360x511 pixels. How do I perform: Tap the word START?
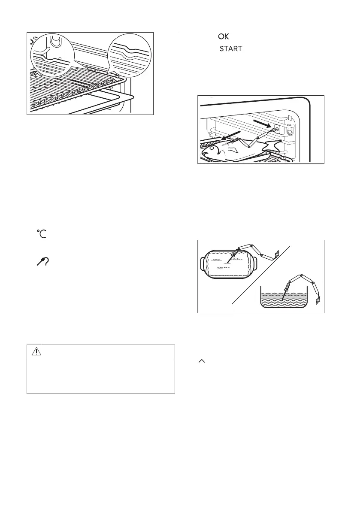(x=231, y=49)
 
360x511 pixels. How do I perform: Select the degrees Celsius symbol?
(x=42, y=233)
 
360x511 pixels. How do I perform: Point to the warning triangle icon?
(x=36, y=352)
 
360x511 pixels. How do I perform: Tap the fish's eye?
(x=212, y=148)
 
